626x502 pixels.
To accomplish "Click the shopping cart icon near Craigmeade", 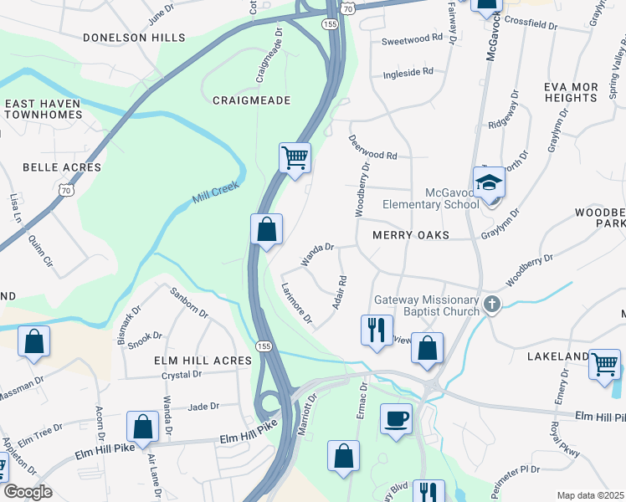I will (x=295, y=156).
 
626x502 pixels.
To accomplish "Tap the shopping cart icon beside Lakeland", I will (x=605, y=365).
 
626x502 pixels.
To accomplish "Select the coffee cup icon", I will (x=396, y=418).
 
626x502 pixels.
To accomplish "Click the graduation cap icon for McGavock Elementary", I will (x=489, y=182).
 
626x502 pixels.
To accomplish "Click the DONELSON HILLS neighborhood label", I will (x=134, y=38).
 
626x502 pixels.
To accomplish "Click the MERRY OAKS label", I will (x=411, y=236).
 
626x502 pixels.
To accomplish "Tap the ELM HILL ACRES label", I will (x=203, y=360).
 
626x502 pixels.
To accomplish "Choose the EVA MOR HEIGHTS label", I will (x=570, y=92).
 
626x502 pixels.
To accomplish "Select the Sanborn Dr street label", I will (x=189, y=302).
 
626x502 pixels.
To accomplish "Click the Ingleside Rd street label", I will (x=408, y=72).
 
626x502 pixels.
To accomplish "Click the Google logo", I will (x=28, y=492).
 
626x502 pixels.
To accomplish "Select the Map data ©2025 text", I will (x=589, y=495).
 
